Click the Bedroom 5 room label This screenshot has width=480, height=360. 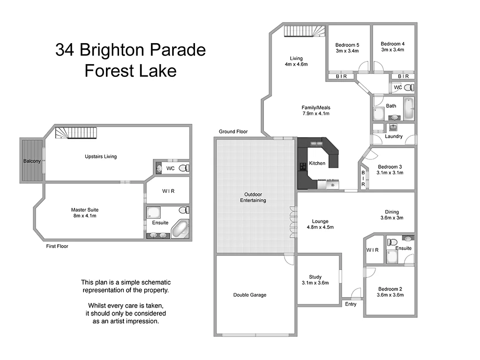(347, 45)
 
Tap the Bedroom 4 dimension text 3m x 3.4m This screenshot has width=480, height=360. (392, 50)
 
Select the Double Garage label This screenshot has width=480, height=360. (250, 295)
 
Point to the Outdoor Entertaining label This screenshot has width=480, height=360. (253, 197)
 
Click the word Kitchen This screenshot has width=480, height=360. (317, 164)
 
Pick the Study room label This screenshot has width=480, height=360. (315, 277)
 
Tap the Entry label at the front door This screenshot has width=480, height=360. (351, 304)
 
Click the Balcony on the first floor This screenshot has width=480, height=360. (32, 161)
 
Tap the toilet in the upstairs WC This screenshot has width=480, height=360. (184, 167)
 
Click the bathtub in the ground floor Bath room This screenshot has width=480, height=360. (408, 109)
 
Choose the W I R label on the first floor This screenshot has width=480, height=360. (168, 191)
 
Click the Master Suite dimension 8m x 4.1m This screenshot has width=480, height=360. (85, 216)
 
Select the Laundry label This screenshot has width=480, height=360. (394, 136)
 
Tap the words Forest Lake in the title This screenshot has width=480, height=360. (130, 71)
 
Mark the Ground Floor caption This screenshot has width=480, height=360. (233, 132)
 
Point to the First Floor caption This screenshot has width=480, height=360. (57, 246)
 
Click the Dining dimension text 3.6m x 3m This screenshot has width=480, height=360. (391, 218)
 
